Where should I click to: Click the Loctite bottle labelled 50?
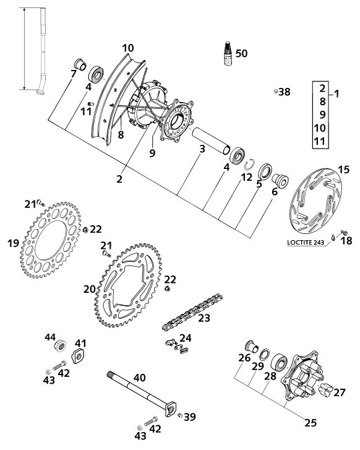coord(228,54)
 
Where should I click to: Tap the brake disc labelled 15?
coord(316,201)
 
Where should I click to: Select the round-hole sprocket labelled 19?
coord(51,241)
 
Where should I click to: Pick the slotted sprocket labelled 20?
coord(128,285)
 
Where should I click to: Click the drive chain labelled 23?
coord(192,312)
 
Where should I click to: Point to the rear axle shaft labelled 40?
coord(142,394)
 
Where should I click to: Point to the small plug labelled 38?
coord(275,92)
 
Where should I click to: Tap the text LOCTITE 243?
coord(305,243)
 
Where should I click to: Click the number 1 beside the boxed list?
coord(336,93)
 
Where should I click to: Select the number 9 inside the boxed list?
coord(322,115)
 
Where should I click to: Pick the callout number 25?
coord(311,423)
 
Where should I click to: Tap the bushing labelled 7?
coord(80,64)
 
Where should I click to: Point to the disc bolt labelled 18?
coord(343,233)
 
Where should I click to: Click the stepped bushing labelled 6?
coord(280,180)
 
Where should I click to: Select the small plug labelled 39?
coord(180,415)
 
